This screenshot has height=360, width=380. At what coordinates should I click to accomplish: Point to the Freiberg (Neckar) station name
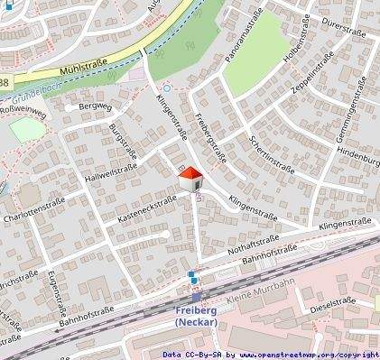(199, 317)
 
